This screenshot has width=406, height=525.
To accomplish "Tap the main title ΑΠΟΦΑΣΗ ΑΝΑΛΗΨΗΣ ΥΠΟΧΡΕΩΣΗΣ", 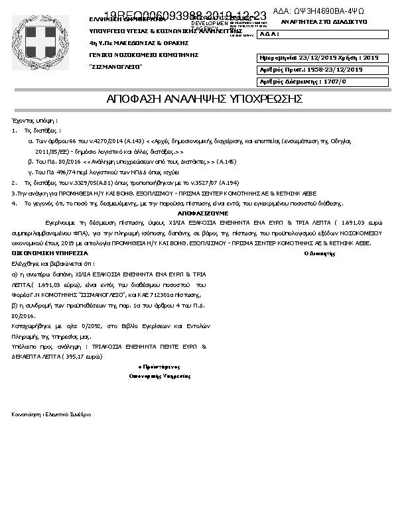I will click(204, 99).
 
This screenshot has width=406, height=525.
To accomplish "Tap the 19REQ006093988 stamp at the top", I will click(186, 15).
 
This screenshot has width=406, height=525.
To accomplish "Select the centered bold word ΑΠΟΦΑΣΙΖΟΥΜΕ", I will click(203, 213).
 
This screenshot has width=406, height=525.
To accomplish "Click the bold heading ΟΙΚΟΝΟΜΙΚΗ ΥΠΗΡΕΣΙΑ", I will click(49, 253).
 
